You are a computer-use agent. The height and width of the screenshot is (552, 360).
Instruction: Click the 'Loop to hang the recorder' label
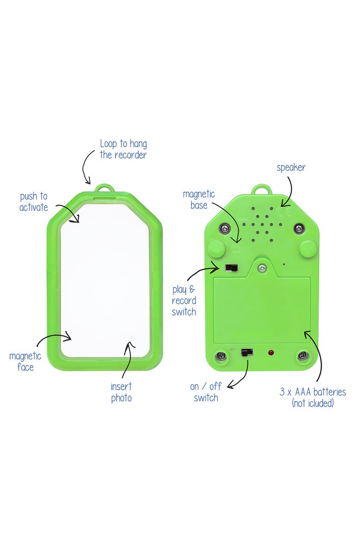[123, 149]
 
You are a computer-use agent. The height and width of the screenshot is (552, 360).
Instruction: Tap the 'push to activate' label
[34, 202]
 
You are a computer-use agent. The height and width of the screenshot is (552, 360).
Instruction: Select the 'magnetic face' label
[25, 362]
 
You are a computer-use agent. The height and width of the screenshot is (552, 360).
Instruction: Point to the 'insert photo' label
[121, 392]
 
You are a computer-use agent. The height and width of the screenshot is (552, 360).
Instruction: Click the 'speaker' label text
[291, 167]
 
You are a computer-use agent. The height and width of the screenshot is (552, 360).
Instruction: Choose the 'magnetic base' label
[199, 199]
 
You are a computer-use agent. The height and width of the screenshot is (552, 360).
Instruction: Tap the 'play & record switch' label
[184, 301]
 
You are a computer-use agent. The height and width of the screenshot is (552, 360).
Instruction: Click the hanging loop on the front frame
[105, 190]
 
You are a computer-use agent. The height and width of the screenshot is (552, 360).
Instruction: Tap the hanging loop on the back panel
[260, 190]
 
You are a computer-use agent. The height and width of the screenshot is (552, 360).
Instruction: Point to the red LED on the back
[271, 353]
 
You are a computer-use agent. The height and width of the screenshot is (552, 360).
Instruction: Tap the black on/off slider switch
[248, 353]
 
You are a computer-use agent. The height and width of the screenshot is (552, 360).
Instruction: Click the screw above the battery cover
[262, 267]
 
